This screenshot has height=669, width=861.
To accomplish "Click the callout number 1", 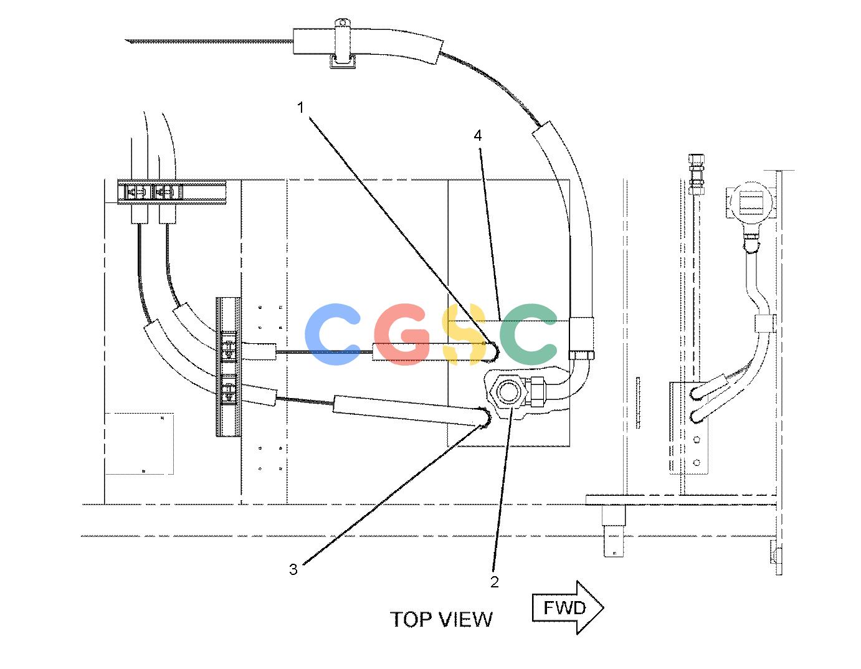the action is pyautogui.click(x=300, y=107).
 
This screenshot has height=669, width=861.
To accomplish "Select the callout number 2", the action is pyautogui.click(x=494, y=582).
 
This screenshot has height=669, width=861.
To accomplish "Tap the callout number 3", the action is pyautogui.click(x=293, y=569).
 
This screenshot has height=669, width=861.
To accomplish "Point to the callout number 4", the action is pyautogui.click(x=478, y=136).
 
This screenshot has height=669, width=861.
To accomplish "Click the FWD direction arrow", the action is pyautogui.click(x=568, y=607).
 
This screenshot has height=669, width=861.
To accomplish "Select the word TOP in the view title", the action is pyautogui.click(x=411, y=620).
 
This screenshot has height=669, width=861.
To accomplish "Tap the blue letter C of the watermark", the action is pyautogui.click(x=333, y=334).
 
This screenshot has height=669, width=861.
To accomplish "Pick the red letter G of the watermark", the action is pyautogui.click(x=402, y=334).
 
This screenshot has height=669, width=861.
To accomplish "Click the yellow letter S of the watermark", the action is pyautogui.click(x=464, y=334).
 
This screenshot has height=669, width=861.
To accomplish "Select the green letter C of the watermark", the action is pyautogui.click(x=528, y=334).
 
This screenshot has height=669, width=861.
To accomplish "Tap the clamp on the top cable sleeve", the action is pyautogui.click(x=343, y=44).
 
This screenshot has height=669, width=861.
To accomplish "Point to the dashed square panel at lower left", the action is pyautogui.click(x=139, y=444).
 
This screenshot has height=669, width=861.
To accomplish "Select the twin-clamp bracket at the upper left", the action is pyautogui.click(x=171, y=192).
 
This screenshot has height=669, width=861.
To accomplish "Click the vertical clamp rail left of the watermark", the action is pyautogui.click(x=229, y=367).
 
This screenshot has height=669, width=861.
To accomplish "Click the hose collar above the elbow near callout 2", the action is pyautogui.click(x=581, y=334).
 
